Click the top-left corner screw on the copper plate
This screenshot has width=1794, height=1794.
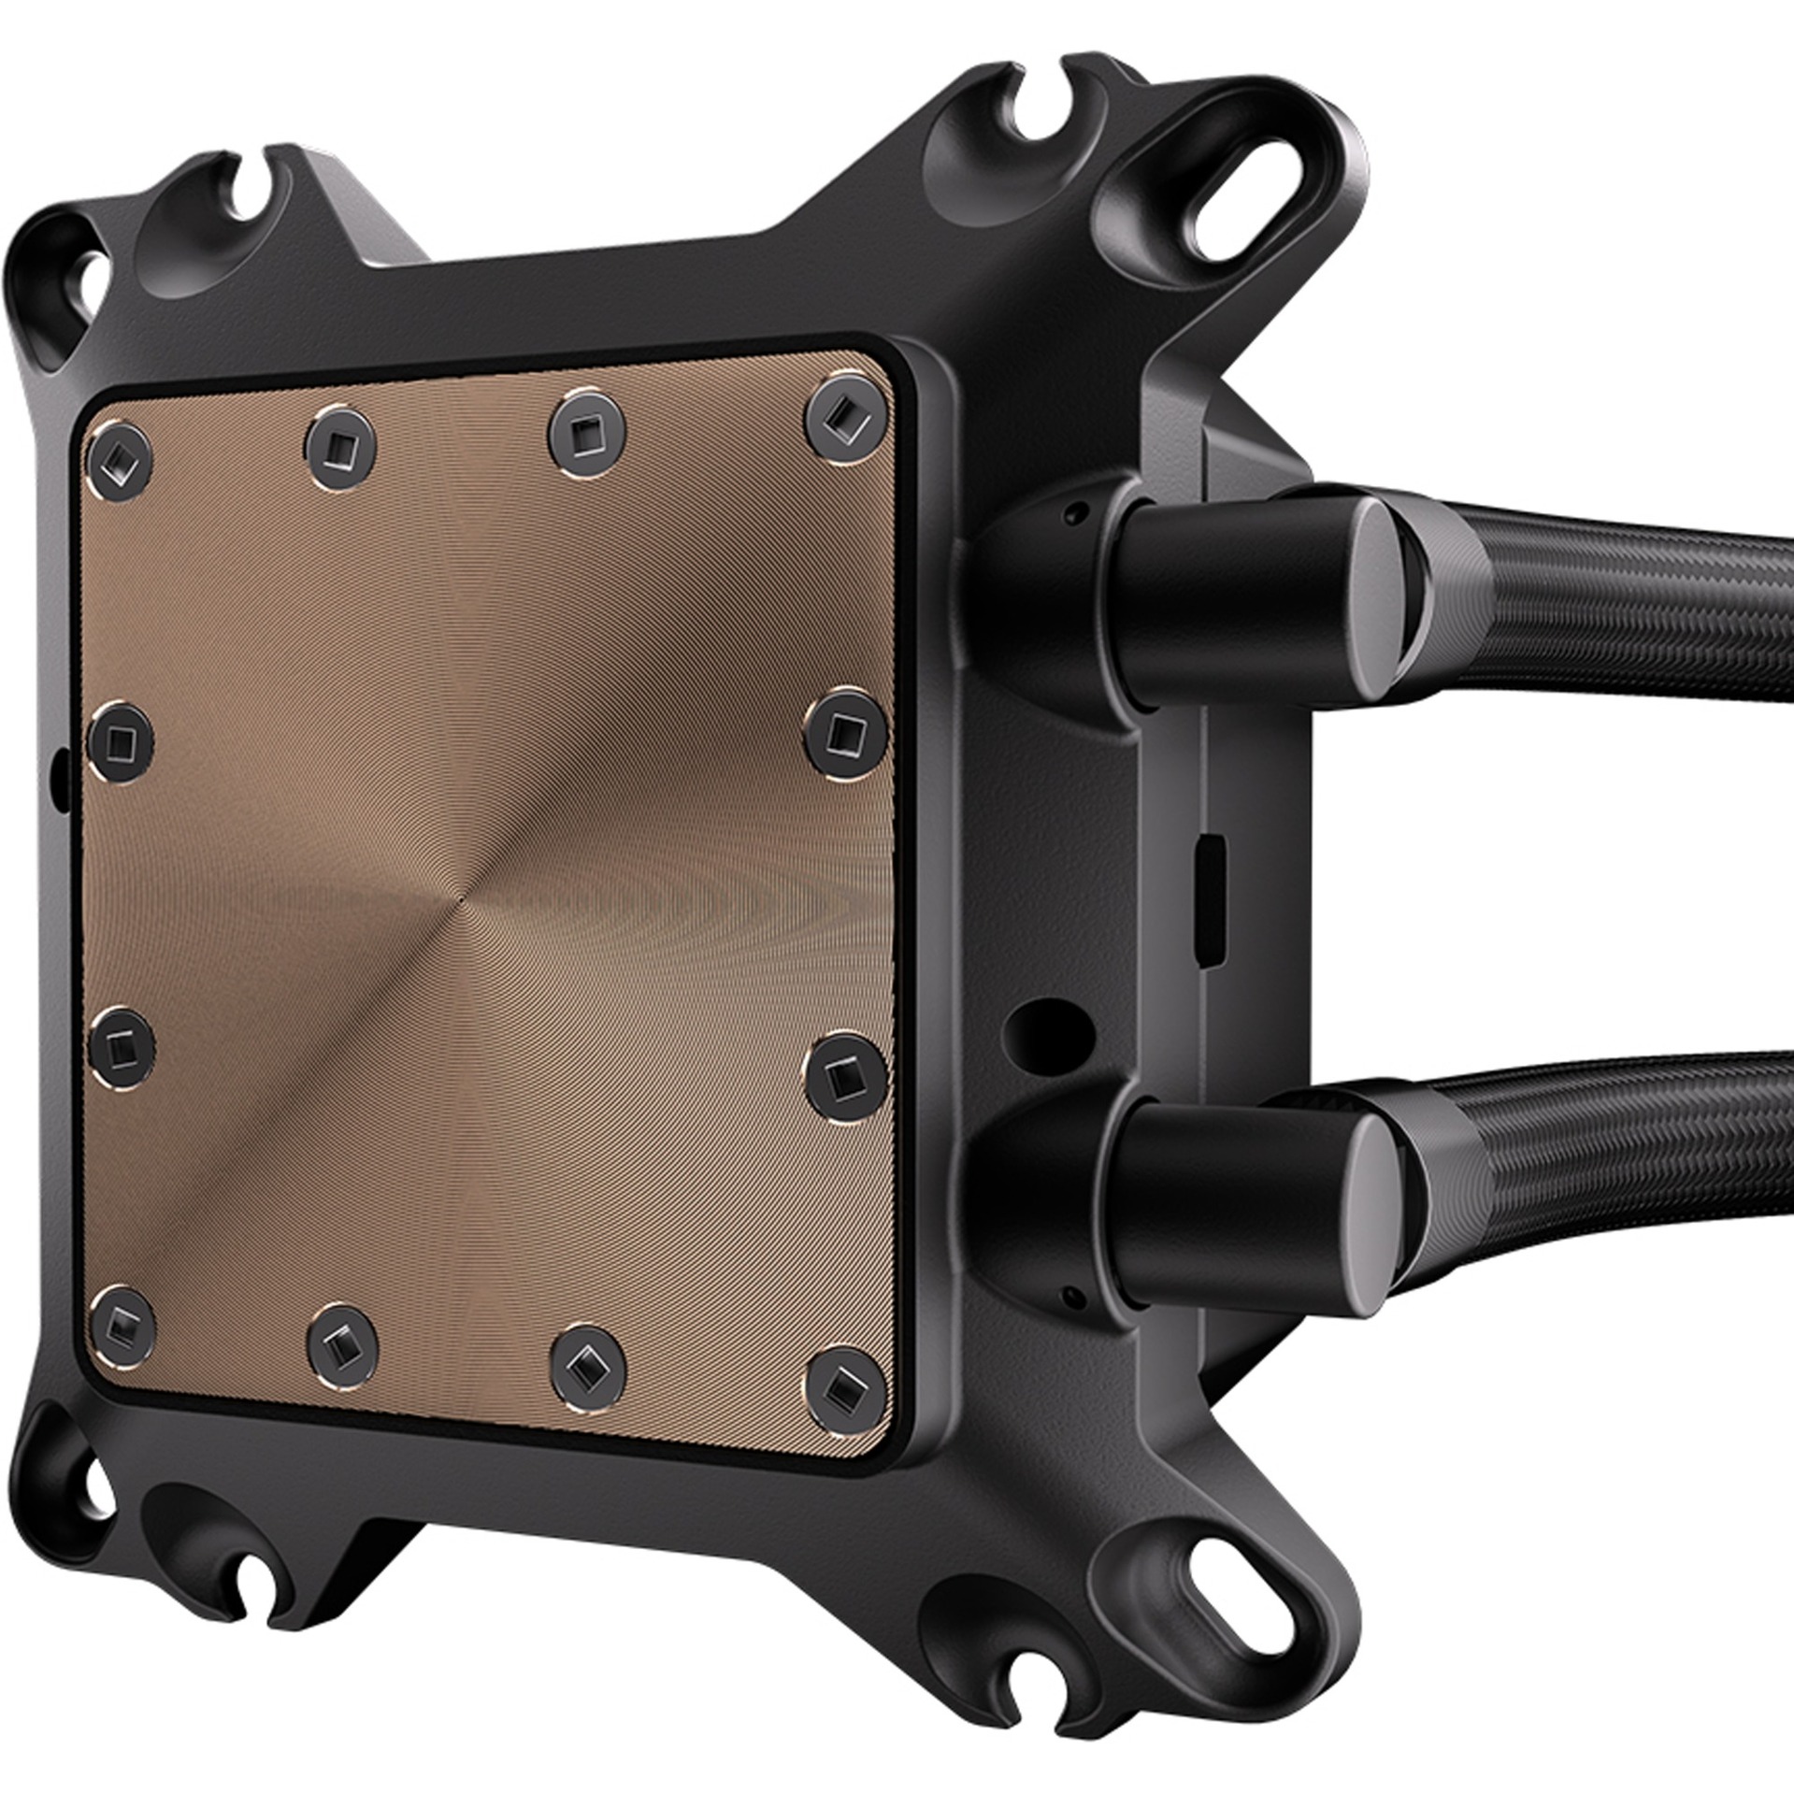coord(119,459)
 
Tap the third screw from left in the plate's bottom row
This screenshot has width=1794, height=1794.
coord(587,1366)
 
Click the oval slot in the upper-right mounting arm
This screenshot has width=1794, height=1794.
coord(1233,208)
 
